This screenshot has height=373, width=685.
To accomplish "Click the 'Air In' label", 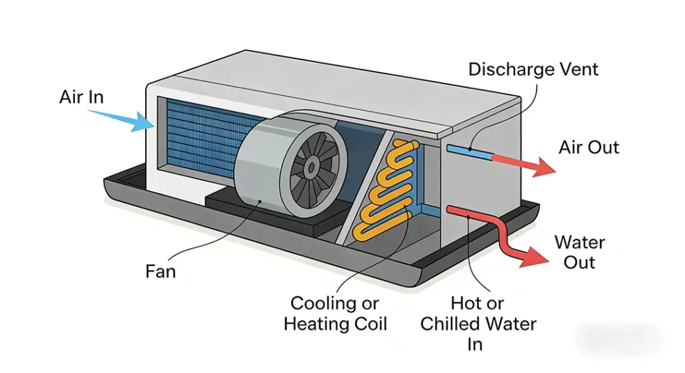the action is [x=82, y=97].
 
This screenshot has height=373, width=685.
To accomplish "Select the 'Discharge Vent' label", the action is [x=533, y=70].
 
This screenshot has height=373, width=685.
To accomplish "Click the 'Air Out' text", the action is [x=589, y=147].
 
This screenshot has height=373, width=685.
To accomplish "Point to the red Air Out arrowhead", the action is [x=544, y=168].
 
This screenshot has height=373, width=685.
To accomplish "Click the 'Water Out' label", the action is [x=580, y=253].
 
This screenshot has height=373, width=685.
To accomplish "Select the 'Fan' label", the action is [x=161, y=271].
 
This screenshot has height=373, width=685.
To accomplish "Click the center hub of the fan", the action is [x=312, y=167].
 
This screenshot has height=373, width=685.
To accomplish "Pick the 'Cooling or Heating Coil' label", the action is [x=335, y=314].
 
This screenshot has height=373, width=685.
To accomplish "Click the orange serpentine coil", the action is [x=385, y=190].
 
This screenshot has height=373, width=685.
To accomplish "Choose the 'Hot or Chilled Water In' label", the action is [x=478, y=324].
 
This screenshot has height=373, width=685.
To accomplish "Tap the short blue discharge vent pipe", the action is [x=470, y=152].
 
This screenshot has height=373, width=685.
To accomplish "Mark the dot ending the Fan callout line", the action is [x=260, y=201].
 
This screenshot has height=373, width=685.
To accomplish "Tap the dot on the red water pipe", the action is [x=468, y=216].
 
